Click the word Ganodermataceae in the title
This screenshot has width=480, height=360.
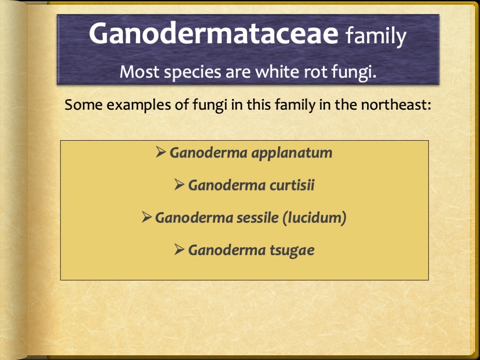pos(213,34)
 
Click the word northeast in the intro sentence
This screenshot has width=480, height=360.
pos(395,105)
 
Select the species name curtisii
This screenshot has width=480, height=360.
pos(292,186)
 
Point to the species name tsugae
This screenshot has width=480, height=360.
pos(292,250)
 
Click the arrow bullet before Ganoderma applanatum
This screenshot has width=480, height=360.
pos(161,152)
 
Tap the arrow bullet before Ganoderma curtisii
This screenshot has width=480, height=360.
pos(179,185)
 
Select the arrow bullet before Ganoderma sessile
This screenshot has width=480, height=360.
pos(146,217)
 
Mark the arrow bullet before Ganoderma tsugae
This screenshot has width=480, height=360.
pos(179,250)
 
